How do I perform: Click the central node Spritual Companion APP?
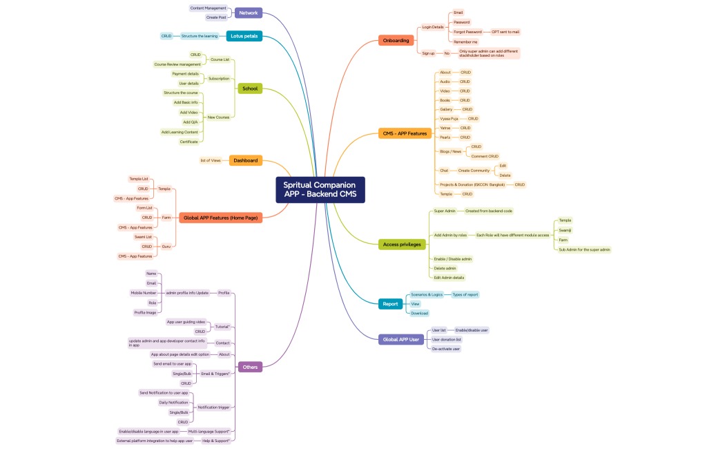pyautogui.click(x=320, y=190)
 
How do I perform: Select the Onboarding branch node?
pyautogui.click(x=396, y=41)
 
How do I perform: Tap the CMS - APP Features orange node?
pyautogui.click(x=405, y=133)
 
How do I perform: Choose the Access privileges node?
pyautogui.click(x=402, y=245)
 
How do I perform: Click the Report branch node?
pyautogui.click(x=390, y=304)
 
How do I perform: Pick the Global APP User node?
pyautogui.click(x=400, y=339)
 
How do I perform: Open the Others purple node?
pyautogui.click(x=249, y=367)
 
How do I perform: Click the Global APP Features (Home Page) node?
pyautogui.click(x=220, y=218)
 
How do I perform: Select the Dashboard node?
pyautogui.click(x=245, y=160)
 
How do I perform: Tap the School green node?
pyautogui.click(x=249, y=88)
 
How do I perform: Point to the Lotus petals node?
pyautogui.click(x=244, y=36)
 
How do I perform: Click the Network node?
pyautogui.click(x=248, y=12)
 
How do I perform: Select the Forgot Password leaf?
pyautogui.click(x=467, y=32)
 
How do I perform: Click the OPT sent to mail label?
pyautogui.click(x=505, y=32)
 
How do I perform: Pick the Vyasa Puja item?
pyautogui.click(x=449, y=119)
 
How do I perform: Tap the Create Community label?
pyautogui.click(x=474, y=171)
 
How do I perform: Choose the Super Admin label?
pyautogui.click(x=445, y=211)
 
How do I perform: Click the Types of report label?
pyautogui.click(x=465, y=295)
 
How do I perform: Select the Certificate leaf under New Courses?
pyautogui.click(x=188, y=142)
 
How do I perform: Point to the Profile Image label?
pyautogui.click(x=145, y=312)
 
